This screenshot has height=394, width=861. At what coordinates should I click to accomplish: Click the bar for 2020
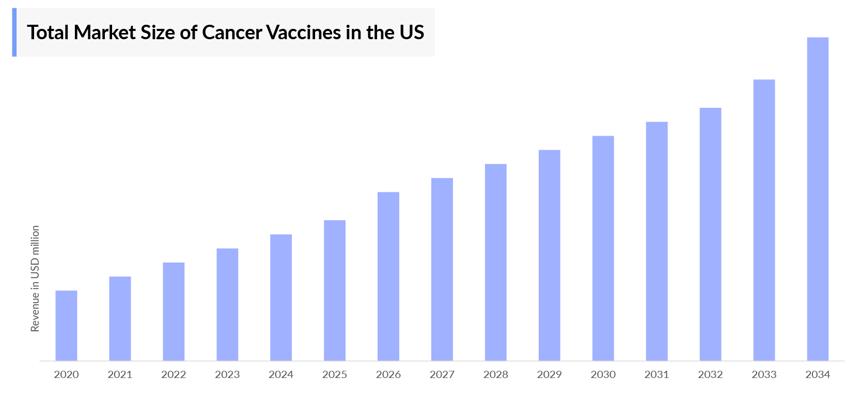[x=66, y=325]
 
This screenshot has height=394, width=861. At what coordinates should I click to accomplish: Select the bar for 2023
[x=227, y=304]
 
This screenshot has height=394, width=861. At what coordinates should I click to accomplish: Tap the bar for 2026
[x=388, y=276]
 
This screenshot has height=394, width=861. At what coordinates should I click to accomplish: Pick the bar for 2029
[x=549, y=255]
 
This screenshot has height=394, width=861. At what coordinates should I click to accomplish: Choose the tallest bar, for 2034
[x=818, y=199]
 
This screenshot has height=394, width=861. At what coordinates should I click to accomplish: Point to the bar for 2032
[x=710, y=234]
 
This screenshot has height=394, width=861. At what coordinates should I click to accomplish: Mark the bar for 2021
[x=120, y=318]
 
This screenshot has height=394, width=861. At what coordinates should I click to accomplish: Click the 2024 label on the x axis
[x=281, y=375]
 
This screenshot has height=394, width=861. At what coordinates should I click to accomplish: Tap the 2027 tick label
[x=442, y=375]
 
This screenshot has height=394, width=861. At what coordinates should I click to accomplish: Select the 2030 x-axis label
[x=603, y=375]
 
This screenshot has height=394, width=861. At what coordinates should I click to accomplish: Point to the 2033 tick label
[x=764, y=375]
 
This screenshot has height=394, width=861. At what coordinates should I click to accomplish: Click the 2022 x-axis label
[x=174, y=375]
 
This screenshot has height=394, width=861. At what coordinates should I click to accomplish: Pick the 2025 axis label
[x=335, y=375]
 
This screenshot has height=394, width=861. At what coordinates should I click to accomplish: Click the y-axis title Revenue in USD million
[x=35, y=278]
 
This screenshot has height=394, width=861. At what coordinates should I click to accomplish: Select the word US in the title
[x=412, y=32]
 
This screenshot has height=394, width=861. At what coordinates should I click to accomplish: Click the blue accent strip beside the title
[x=14, y=32]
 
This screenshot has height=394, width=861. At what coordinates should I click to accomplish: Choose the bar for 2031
[x=656, y=241]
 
